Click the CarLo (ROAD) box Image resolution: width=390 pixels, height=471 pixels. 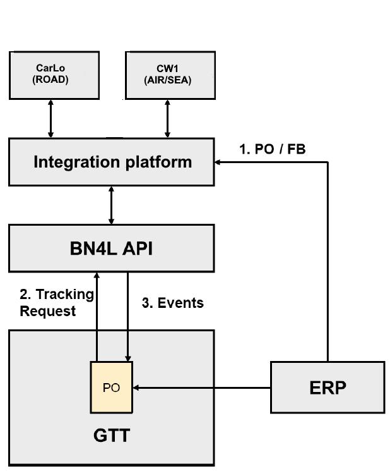point(54,75)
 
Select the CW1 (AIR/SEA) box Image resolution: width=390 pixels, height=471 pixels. point(168,75)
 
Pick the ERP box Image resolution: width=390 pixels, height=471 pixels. point(328,388)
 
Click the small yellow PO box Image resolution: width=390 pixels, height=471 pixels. point(112,387)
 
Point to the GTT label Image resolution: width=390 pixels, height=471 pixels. point(112,436)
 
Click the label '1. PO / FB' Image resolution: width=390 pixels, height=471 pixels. point(272,149)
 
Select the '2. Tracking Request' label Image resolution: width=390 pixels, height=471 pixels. point(57,302)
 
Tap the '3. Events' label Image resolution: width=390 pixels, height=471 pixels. point(172,303)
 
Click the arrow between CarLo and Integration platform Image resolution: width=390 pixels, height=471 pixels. point(51,119)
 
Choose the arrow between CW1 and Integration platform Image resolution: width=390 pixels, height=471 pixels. point(167,119)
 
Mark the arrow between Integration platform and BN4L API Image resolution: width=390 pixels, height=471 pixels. point(112,205)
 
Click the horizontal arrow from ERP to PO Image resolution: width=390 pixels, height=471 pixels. point(202,388)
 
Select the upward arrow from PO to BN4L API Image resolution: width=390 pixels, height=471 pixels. point(97,316)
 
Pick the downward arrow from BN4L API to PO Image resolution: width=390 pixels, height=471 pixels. point(128,316)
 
